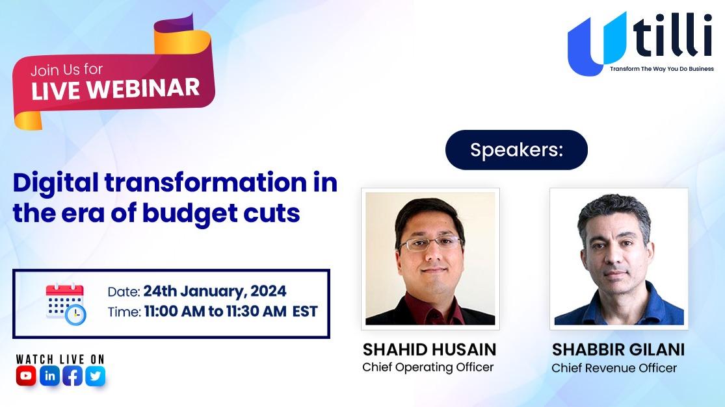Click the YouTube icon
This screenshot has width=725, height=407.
(26, 376)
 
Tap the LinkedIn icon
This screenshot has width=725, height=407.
(49, 376)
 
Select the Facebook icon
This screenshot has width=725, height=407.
(73, 376)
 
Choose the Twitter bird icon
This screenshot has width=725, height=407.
(95, 376)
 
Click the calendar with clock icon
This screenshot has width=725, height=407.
(66, 304)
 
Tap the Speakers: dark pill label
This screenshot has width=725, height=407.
(516, 150)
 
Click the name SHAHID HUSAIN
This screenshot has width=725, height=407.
(429, 350)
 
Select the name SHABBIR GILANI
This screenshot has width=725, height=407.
(618, 350)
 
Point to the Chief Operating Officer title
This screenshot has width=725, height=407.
(428, 367)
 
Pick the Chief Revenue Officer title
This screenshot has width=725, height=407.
(614, 368)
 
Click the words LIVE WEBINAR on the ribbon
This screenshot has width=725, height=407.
(116, 88)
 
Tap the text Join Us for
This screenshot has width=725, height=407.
(66, 69)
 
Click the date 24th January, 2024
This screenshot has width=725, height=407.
(215, 291)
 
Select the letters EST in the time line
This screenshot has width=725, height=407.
(305, 312)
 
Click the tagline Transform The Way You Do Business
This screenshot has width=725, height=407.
(662, 69)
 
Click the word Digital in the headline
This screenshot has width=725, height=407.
(55, 183)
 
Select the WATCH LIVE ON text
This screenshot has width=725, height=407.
(60, 359)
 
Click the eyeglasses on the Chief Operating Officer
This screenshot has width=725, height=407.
(431, 243)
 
